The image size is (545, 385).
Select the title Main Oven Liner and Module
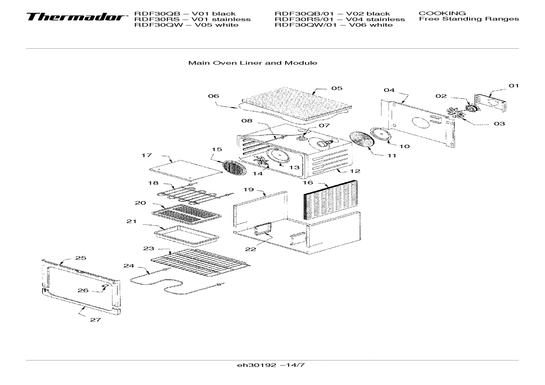pos(252,63)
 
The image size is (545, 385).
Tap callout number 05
pos(337,88)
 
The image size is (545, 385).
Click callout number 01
pos(513,86)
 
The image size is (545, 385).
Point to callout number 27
pos(95,320)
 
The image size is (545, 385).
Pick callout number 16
pos(308,182)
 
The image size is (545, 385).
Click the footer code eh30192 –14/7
pos(270,365)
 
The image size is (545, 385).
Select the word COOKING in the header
pos(442,13)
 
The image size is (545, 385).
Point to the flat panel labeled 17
pos(185,170)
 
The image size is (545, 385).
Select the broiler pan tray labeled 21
pos(186,235)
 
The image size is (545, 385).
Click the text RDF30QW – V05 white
pos(186,25)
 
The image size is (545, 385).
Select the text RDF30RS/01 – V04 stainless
pos(339,19)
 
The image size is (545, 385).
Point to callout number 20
pos(140,203)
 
